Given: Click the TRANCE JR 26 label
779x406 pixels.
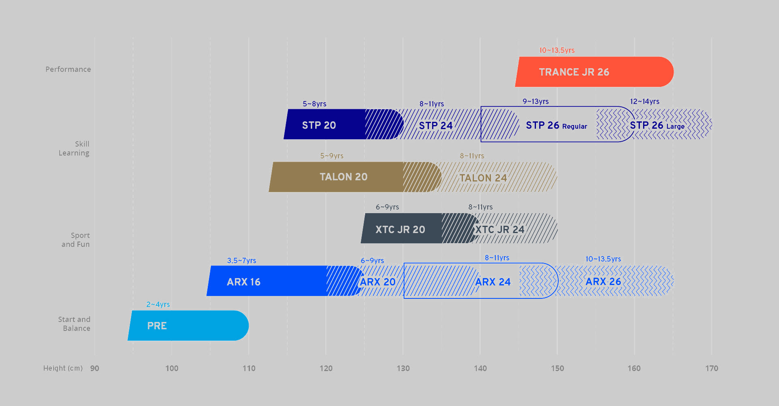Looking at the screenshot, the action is [574, 72].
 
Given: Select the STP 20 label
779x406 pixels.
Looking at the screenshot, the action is [319, 125].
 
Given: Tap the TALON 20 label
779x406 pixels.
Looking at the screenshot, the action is [343, 177].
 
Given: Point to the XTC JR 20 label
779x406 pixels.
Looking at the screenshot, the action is [400, 229].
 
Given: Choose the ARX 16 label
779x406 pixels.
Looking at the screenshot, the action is [243, 282].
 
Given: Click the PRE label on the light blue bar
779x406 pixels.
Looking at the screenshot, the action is [157, 326].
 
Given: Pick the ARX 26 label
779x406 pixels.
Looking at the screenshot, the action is [603, 282].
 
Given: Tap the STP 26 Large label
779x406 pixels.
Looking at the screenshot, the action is [657, 125].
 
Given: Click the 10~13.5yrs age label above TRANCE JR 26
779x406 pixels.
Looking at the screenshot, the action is [557, 50].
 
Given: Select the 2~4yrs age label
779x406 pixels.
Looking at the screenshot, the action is [158, 304].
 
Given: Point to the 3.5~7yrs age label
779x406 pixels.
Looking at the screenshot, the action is [241, 261].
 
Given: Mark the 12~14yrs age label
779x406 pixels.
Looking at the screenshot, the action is [644, 101].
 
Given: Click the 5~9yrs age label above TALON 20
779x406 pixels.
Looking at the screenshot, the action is [331, 156].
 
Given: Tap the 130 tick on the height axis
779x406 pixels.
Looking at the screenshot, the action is [403, 368].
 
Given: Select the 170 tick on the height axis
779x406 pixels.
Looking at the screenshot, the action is [712, 368].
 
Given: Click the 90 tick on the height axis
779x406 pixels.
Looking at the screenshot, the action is [95, 368].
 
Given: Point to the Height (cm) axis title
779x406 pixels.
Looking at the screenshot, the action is [63, 368].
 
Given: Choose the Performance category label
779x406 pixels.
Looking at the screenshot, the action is [68, 69].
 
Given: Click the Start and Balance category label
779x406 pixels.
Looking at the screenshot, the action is [74, 324].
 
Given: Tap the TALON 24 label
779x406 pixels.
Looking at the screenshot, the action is [483, 178].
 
